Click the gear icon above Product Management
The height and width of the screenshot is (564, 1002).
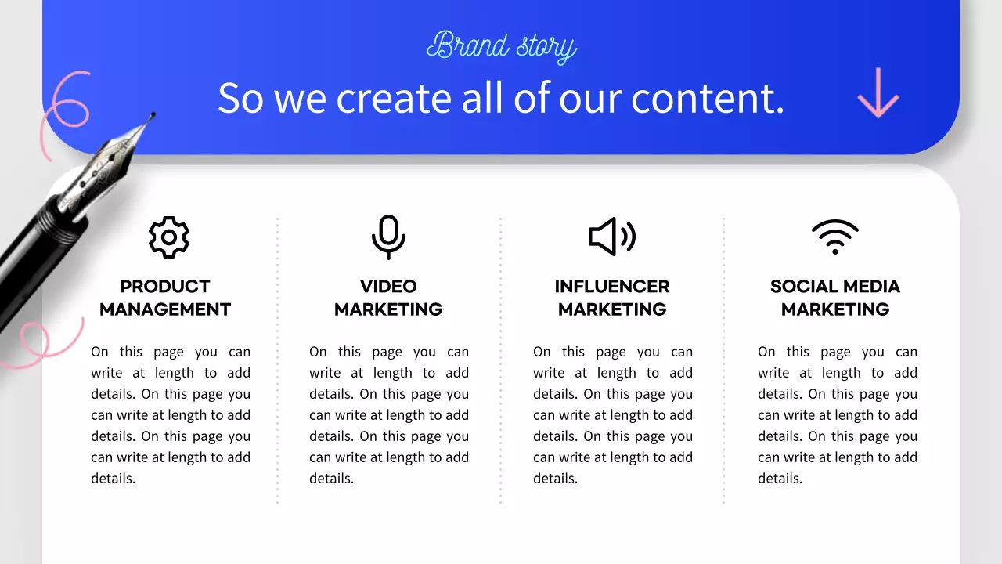coord(169,237)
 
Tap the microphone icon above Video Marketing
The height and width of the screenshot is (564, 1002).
coord(388,237)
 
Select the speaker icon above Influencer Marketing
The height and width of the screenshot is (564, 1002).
coord(611,237)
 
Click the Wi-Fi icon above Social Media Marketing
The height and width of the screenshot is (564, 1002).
coord(834,237)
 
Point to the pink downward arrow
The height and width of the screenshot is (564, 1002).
coord(878,92)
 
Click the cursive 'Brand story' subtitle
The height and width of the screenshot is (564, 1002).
coord(501,46)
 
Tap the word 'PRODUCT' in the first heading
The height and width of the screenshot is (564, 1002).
coord(165,287)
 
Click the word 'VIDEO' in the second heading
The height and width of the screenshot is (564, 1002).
coord(388,287)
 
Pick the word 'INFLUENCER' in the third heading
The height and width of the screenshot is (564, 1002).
coord(612,287)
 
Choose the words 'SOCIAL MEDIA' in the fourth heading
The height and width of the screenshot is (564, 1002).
coord(834,287)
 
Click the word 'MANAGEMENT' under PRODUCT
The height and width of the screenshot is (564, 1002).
coord(165,309)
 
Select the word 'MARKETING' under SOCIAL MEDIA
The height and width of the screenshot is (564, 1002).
coord(835,309)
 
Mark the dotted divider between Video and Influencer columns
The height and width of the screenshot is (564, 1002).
coord(501,360)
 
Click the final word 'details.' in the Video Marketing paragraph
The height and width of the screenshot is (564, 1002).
coord(331,479)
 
